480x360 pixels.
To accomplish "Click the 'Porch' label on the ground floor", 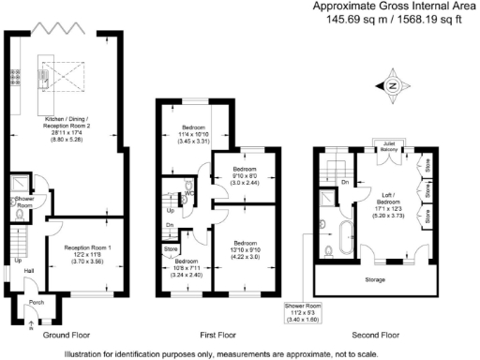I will [x=36, y=302].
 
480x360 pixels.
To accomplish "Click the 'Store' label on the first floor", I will [x=170, y=248].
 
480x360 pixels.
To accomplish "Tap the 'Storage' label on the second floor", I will [x=375, y=278].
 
